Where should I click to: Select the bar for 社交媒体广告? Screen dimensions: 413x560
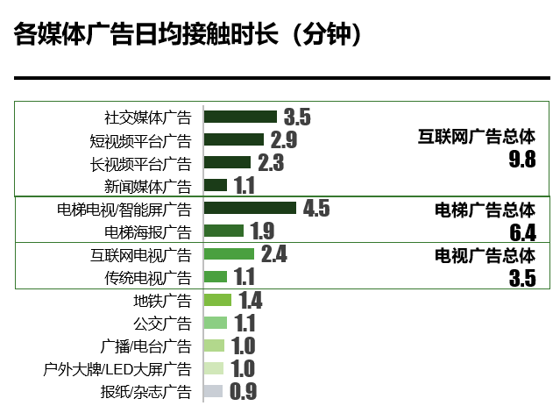coord(240,117)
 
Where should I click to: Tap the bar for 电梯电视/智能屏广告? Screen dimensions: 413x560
coord(250,208)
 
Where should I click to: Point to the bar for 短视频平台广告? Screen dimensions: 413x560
coord(234,139)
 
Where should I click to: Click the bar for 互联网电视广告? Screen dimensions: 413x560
coord(229,254)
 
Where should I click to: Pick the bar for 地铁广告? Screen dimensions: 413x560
coord(217,300)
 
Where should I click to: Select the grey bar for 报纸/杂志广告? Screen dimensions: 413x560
coord(213,391)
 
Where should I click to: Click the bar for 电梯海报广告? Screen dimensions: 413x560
coord(223,231)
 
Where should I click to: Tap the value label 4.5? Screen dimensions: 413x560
coord(316,209)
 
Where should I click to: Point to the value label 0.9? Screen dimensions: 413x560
coord(243,392)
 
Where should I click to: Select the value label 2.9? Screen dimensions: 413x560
coord(283,140)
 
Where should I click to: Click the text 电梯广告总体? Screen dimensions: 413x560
coord(485,210)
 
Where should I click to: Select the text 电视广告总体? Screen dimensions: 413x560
coord(485,256)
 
